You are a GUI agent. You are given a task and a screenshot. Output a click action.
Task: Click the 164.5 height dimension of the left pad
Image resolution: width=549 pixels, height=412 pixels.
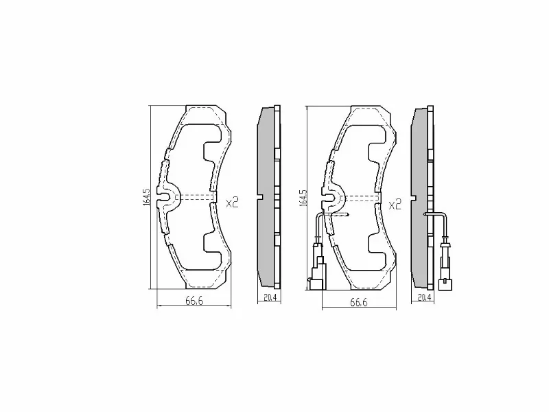[x=146, y=197]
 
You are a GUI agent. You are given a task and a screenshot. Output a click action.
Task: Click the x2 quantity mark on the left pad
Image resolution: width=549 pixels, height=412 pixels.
[x=232, y=203]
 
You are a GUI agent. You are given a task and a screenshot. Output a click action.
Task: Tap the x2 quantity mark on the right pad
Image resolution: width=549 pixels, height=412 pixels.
[x=395, y=204]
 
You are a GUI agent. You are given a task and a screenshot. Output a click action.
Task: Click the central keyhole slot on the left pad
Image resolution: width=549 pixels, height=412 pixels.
[x=164, y=198]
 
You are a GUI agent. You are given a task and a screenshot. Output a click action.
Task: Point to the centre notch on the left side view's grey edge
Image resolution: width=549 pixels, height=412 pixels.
[x=259, y=198]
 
